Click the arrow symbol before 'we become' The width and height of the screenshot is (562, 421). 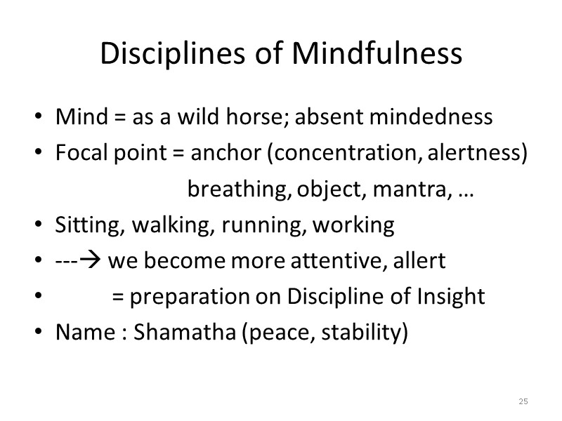93,262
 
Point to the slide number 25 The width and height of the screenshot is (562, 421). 523,401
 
